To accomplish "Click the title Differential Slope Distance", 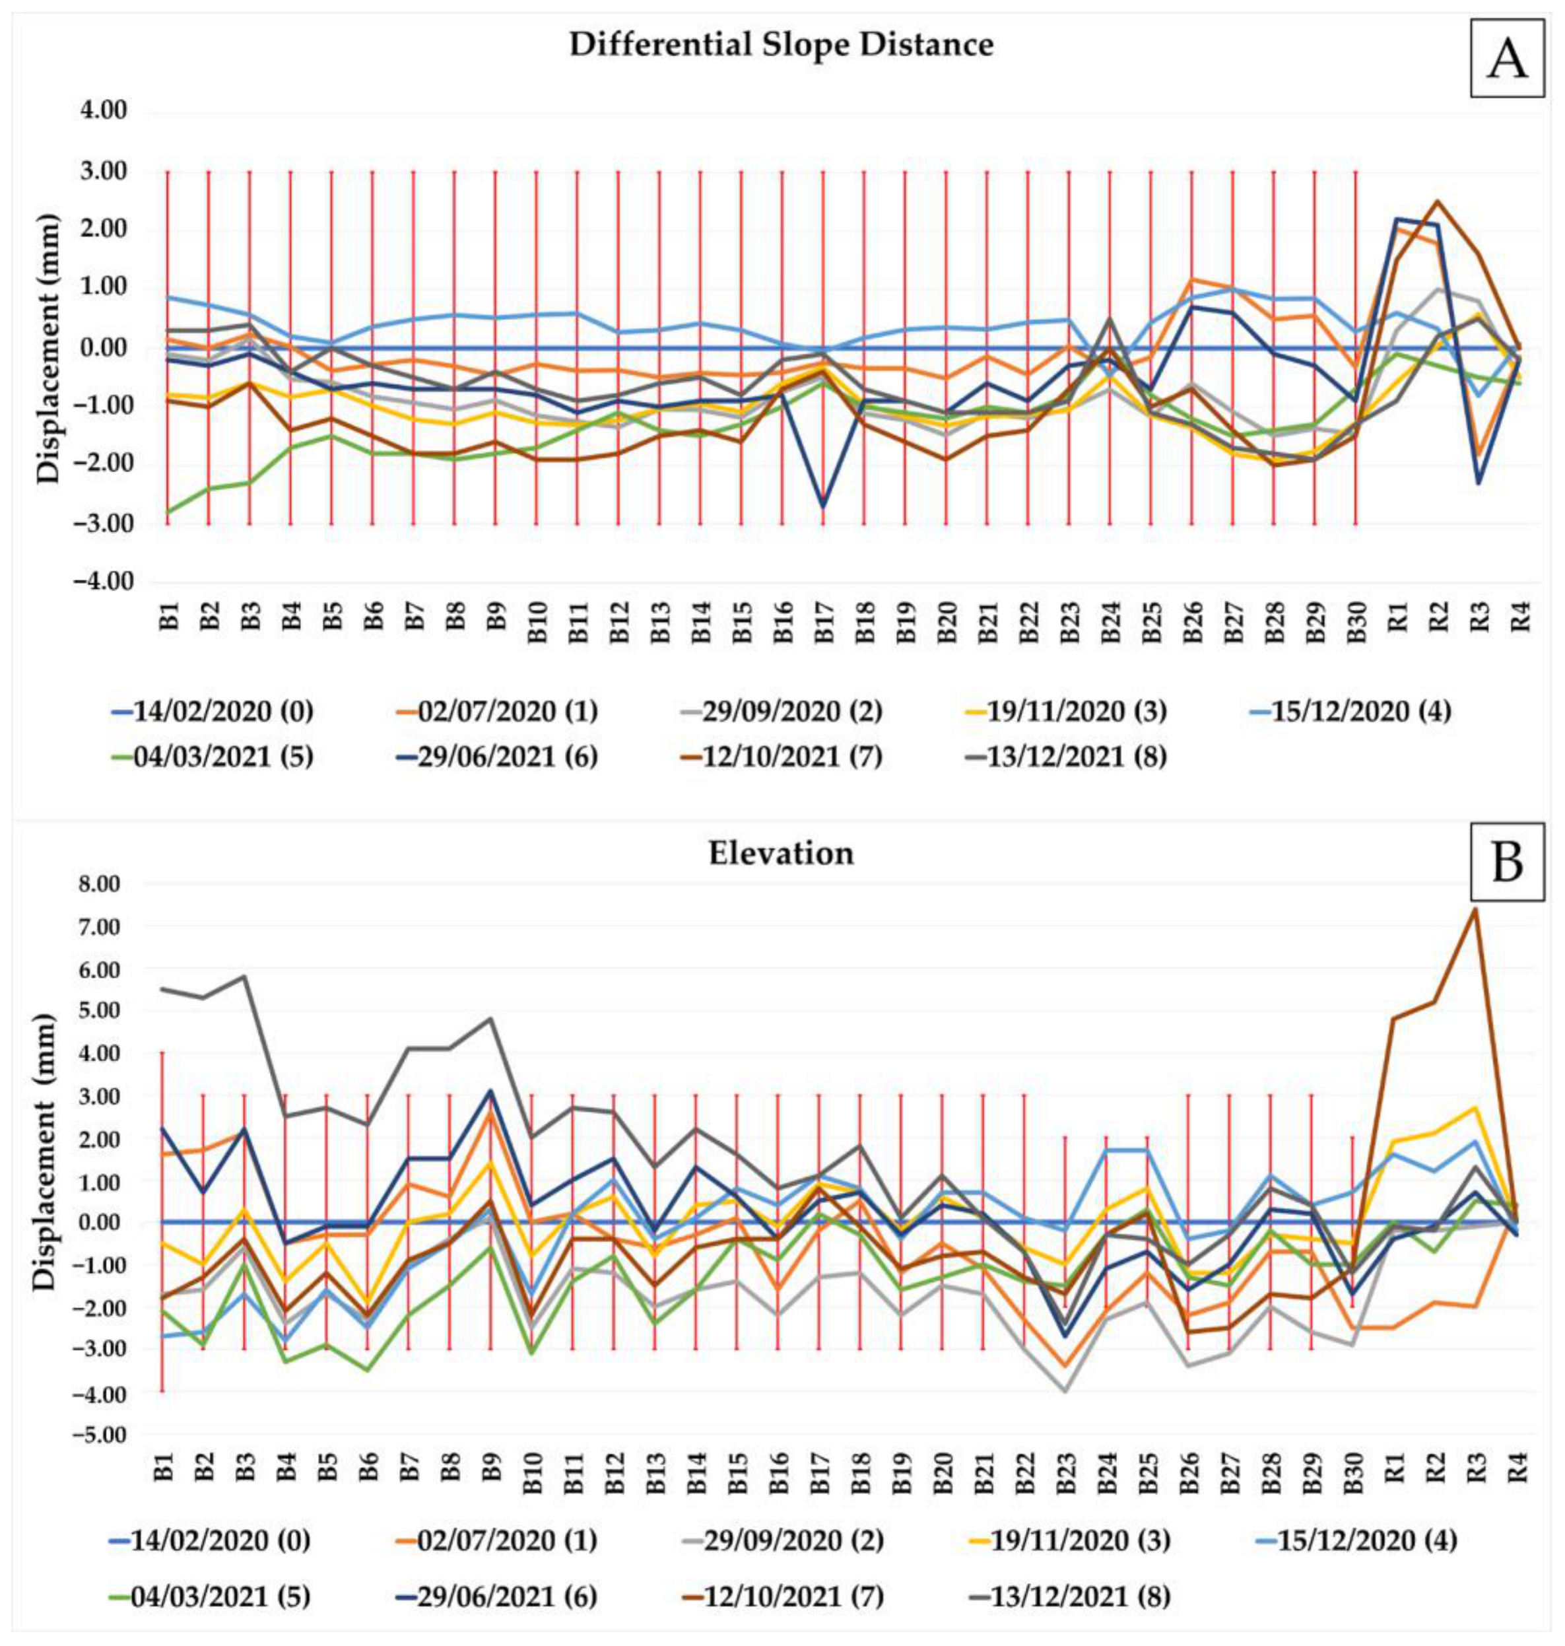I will pos(781,45).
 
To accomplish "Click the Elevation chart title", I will pos(781,854).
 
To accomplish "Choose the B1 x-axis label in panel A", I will pos(170,618).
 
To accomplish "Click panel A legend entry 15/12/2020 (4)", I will pos(1360,712).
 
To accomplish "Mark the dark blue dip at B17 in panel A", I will pos(823,506).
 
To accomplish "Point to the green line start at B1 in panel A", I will pos(168,512).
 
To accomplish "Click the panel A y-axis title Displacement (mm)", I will pos(48,348).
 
